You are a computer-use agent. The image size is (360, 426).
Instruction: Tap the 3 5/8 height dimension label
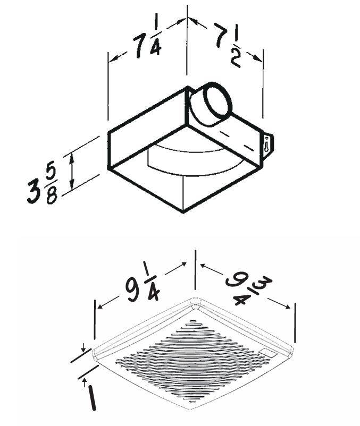(43, 185)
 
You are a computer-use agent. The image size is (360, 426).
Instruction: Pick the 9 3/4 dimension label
(248, 290)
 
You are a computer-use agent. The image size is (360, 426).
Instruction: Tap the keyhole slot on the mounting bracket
(266, 144)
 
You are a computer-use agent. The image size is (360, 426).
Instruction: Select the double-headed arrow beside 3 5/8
(71, 172)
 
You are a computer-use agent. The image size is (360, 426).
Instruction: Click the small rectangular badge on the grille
(269, 354)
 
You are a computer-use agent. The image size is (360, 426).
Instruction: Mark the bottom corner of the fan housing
(183, 212)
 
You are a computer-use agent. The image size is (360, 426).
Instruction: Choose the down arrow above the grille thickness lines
(83, 347)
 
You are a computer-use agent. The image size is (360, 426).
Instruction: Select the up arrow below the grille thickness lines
(85, 382)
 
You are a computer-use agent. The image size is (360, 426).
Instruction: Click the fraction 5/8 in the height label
(52, 185)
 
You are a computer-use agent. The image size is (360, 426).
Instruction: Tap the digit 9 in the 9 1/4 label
(133, 291)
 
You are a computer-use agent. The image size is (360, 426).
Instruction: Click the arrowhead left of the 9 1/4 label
(100, 306)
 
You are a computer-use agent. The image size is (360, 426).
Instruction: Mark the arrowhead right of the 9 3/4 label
(287, 306)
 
